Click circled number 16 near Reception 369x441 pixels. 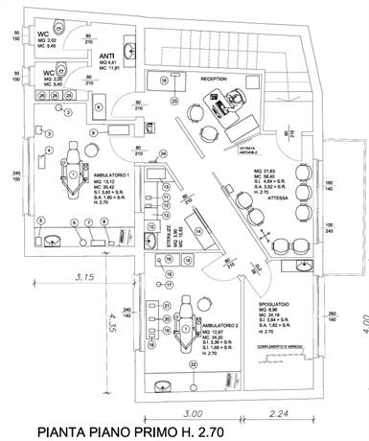pos(164,80)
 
